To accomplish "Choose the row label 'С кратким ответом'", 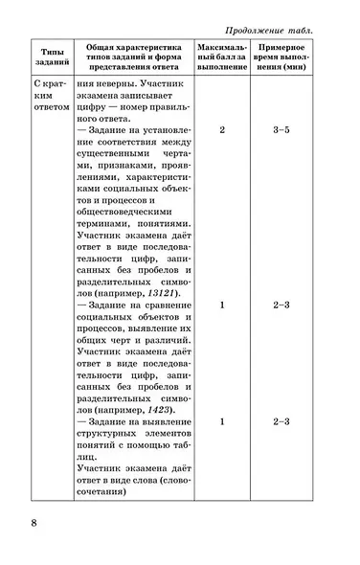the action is click(x=44, y=99).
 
